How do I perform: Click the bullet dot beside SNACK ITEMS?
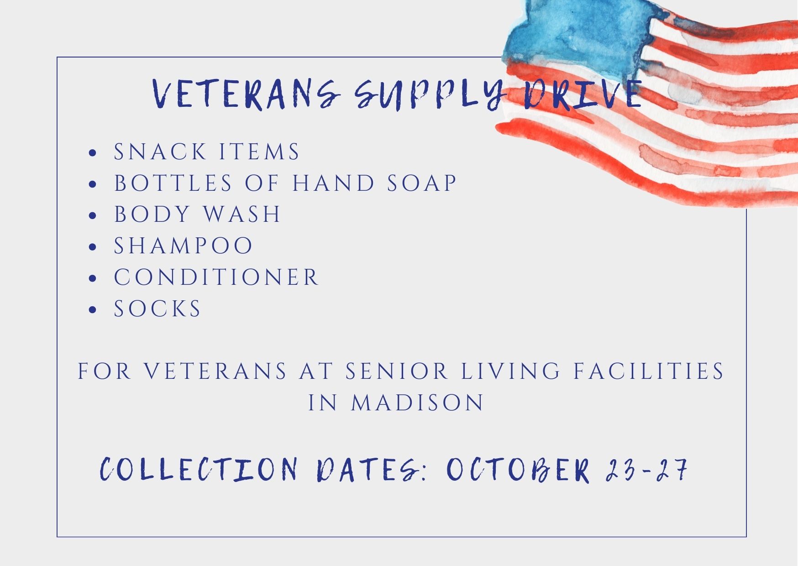click(x=93, y=153)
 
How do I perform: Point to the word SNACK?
click(x=160, y=152)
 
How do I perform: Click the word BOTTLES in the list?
click(x=173, y=183)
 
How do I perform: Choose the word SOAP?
click(x=422, y=183)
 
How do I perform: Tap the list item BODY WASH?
click(x=197, y=214)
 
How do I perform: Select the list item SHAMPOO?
click(x=183, y=246)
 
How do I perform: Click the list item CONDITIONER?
click(x=216, y=277)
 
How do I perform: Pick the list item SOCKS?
click(x=157, y=309)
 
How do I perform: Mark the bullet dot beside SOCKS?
click(x=93, y=310)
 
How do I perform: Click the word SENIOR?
click(x=396, y=371)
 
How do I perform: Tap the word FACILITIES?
click(x=649, y=371)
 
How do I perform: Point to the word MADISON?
click(x=417, y=403)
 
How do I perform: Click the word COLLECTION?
click(x=199, y=469)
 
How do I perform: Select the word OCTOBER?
click(x=518, y=469)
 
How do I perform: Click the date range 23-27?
click(x=646, y=469)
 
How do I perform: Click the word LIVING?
click(x=510, y=371)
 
